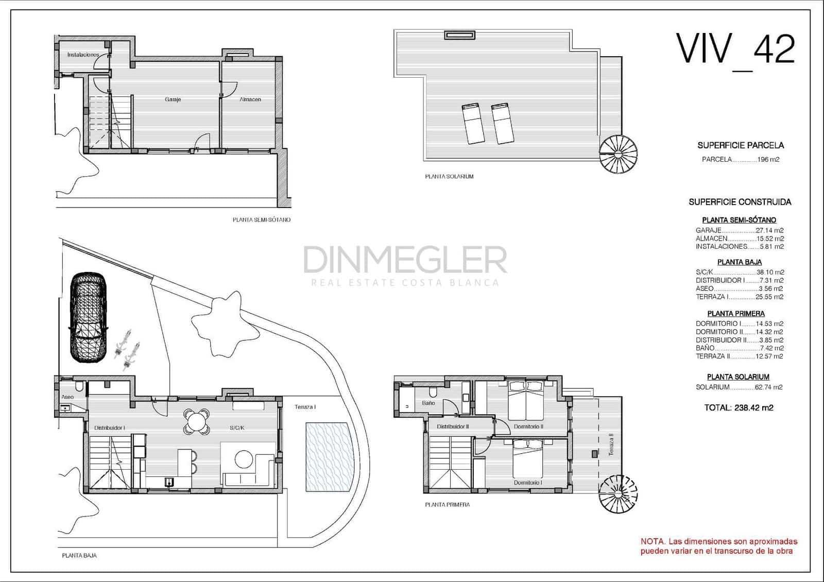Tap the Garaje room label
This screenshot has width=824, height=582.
pyautogui.click(x=173, y=99)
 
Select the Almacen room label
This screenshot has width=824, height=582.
pyautogui.click(x=250, y=99)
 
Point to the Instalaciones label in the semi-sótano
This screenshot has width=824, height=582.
pyautogui.click(x=83, y=55)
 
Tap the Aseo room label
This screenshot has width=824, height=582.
pyautogui.click(x=67, y=397)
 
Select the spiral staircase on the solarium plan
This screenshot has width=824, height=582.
pyautogui.click(x=618, y=154)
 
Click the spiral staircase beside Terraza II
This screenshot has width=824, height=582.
pyautogui.click(x=618, y=494)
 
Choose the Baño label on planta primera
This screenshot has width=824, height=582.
pyautogui.click(x=428, y=403)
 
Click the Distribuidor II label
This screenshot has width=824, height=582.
pyautogui.click(x=453, y=426)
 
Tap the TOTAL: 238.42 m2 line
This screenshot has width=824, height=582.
pyautogui.click(x=739, y=408)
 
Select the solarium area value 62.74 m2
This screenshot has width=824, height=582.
pyautogui.click(x=769, y=387)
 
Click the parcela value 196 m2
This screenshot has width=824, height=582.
pyautogui.click(x=768, y=160)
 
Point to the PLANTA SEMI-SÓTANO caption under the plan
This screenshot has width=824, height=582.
pyautogui.click(x=262, y=220)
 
